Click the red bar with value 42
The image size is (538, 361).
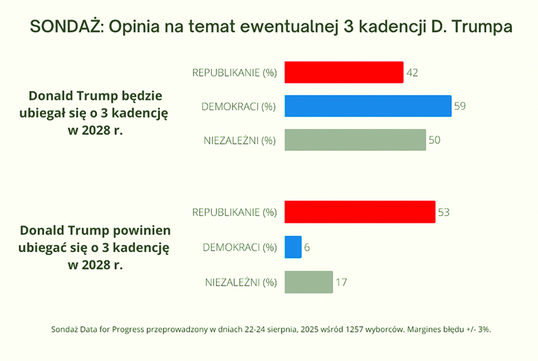click(x=343, y=72)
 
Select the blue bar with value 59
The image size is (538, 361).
click(x=367, y=106)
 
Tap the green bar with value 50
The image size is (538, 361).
click(x=354, y=140)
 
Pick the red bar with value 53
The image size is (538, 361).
click(x=359, y=212)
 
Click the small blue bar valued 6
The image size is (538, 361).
click(x=293, y=246)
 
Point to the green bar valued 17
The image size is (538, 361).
click(x=308, y=282)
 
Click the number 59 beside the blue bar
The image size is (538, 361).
click(x=460, y=106)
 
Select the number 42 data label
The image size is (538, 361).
click(x=412, y=72)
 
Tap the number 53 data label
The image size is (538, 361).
click(x=443, y=212)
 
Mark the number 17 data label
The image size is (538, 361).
click(x=341, y=282)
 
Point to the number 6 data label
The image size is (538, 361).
click(x=308, y=246)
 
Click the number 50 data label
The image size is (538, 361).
click(x=434, y=140)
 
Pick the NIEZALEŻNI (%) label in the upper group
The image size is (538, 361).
click(x=240, y=140)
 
